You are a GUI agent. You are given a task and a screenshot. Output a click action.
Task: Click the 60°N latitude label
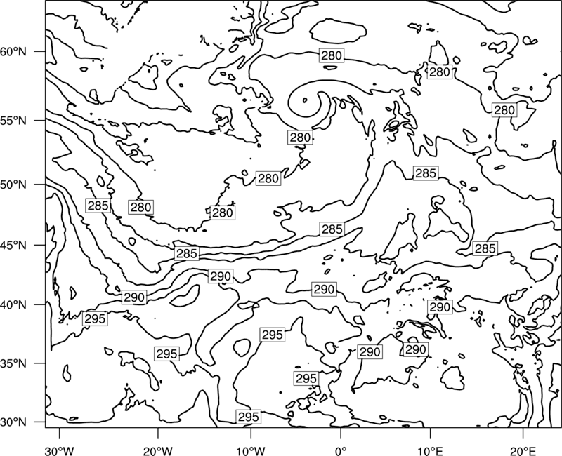[x=13, y=52]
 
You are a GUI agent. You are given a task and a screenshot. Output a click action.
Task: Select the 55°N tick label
[x=13, y=121]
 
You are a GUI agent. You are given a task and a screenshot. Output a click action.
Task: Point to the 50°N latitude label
[x=13, y=185]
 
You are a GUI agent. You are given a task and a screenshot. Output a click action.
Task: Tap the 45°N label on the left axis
[x=13, y=246]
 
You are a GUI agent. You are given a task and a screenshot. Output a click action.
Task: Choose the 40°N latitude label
[x=13, y=305]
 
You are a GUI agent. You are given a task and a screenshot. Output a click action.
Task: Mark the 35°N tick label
[x=13, y=363]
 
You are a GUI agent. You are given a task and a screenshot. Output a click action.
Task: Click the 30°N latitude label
[x=13, y=422]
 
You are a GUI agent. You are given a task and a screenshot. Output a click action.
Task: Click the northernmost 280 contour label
[x=332, y=55]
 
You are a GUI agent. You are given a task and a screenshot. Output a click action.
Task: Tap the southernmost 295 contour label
[x=249, y=417]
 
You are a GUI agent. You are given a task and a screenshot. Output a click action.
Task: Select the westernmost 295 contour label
[x=95, y=318]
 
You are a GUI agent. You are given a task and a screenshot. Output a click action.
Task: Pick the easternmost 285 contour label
[x=485, y=248]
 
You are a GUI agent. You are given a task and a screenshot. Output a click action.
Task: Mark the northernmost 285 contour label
[x=426, y=173]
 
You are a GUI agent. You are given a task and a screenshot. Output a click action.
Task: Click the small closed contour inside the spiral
[x=305, y=100]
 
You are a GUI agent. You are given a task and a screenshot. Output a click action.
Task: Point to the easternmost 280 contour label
[x=504, y=110]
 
